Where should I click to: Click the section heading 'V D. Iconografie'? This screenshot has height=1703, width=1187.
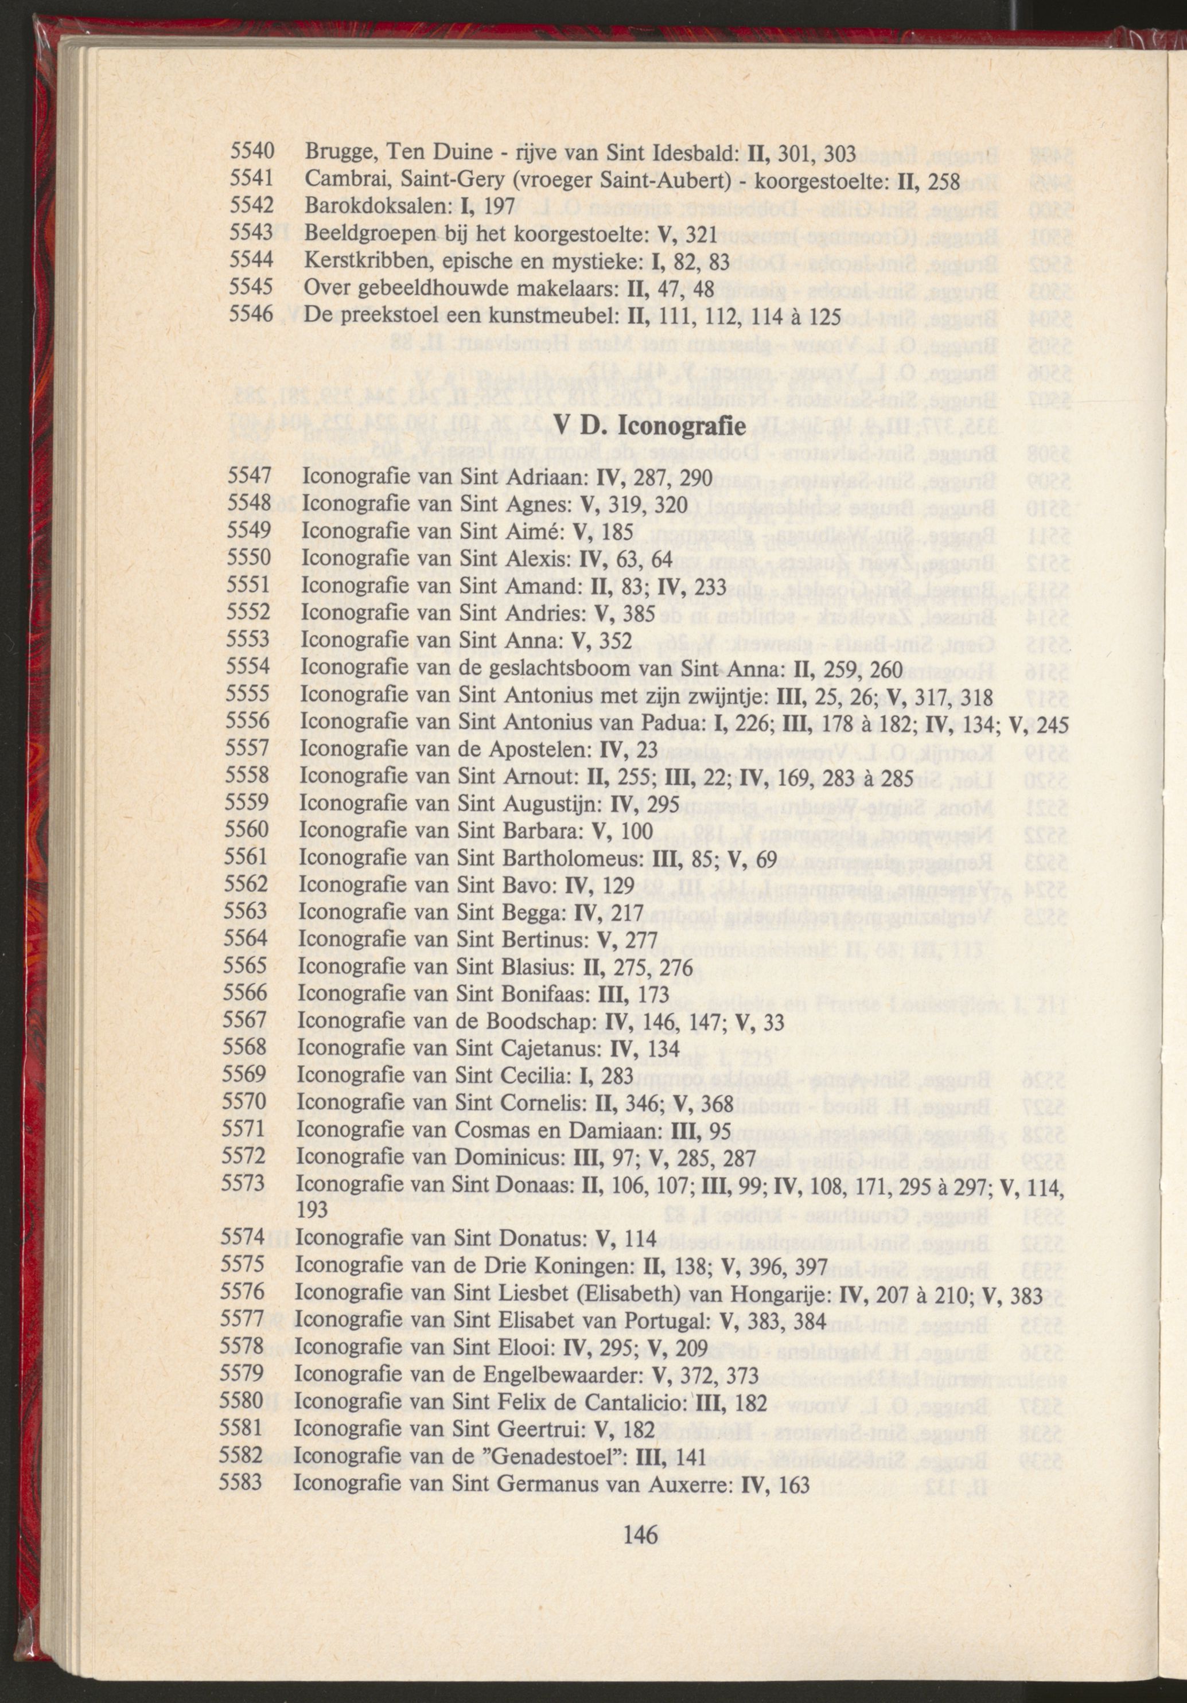[651, 428]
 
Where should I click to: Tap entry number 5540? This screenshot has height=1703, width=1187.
[252, 152]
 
